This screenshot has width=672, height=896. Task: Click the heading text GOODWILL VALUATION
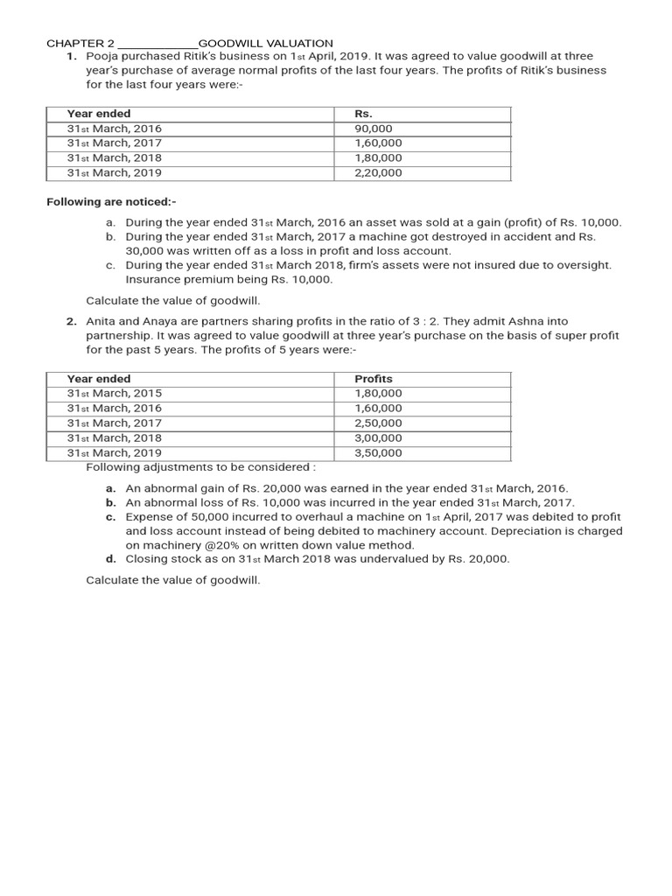[x=266, y=43]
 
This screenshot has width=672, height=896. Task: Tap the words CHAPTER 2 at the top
[x=80, y=43]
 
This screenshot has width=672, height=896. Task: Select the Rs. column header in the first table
[x=363, y=114]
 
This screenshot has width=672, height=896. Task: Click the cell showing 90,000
[x=374, y=129]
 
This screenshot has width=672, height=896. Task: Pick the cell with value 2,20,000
[x=378, y=173]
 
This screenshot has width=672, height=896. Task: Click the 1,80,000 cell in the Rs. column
[x=378, y=158]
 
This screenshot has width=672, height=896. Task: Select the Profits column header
[x=374, y=379]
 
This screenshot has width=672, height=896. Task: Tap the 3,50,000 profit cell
[x=378, y=453]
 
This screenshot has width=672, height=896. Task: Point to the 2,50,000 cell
[x=378, y=423]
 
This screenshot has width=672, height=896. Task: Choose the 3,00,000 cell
[x=378, y=438]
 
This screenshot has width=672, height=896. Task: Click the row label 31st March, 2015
[x=115, y=394]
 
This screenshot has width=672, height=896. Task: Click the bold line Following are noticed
[x=111, y=202]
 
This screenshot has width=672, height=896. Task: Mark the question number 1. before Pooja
[x=73, y=56]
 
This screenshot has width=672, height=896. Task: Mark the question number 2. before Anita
[x=73, y=322]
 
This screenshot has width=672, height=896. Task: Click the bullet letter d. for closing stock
[x=111, y=558]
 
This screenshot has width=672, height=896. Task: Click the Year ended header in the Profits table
[x=99, y=379]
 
